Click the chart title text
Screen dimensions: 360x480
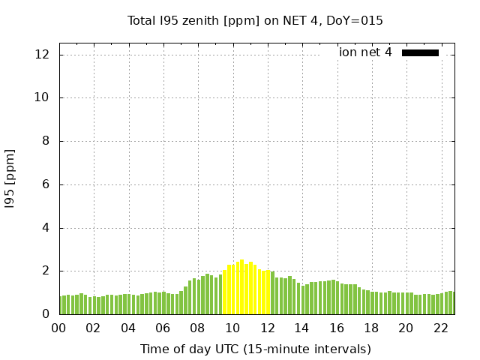click(255, 21)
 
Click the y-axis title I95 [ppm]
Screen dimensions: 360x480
click(10, 178)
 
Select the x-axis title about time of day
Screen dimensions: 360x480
click(255, 349)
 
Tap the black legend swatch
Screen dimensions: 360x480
click(420, 52)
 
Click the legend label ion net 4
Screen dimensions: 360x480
click(365, 52)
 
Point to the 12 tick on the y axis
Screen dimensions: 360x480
click(42, 55)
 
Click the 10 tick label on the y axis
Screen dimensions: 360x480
click(42, 97)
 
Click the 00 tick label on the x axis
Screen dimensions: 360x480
click(59, 328)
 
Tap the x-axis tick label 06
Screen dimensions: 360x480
click(163, 328)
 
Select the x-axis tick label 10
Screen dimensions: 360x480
click(232, 328)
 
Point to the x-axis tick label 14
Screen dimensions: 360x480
click(301, 328)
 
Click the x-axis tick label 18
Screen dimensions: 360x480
click(371, 328)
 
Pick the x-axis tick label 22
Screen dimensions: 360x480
click(440, 328)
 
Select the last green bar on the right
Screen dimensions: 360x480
click(452, 303)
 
